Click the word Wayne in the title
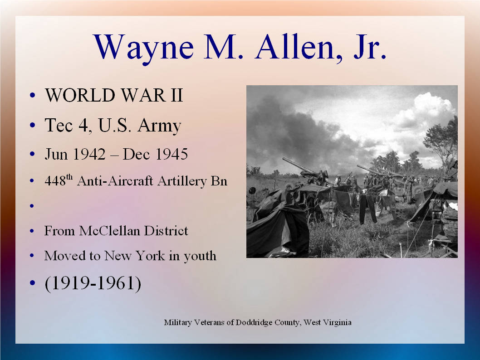click(143, 48)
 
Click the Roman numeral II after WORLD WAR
click(176, 95)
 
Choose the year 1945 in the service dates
click(171, 154)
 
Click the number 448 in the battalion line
click(55, 181)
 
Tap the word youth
click(200, 256)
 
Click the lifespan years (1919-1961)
click(93, 283)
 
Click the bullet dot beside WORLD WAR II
click(33, 95)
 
